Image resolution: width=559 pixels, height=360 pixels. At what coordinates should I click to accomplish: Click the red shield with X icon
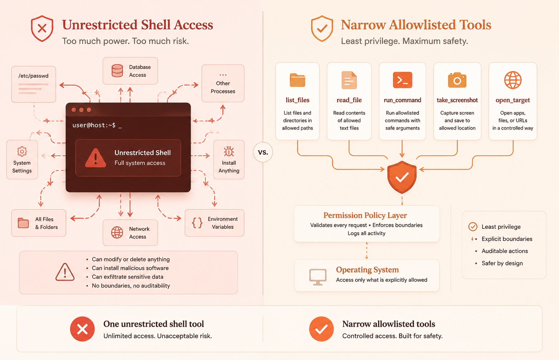42,29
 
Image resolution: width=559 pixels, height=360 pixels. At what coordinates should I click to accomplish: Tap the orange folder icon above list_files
298,80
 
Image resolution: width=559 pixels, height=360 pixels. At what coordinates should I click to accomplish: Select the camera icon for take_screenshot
457,80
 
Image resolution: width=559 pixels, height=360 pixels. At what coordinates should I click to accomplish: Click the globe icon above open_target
513,80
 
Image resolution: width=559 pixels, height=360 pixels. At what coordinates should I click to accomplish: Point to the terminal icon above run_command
402,80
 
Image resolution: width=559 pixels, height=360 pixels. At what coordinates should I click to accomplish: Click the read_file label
349,100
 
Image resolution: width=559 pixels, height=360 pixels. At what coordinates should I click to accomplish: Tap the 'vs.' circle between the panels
263,152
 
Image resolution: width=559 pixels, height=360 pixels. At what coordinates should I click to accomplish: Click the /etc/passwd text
34,76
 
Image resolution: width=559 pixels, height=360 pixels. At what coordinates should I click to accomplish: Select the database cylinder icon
117,70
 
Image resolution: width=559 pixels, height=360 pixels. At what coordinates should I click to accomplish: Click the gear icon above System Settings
22,151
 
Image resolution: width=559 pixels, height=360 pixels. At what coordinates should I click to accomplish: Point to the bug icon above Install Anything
229,151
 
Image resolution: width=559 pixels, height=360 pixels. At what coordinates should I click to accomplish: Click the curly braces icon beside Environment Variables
197,223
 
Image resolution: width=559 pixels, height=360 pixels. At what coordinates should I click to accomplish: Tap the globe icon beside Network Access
117,233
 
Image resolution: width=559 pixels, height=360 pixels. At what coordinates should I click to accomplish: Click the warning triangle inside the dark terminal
95,158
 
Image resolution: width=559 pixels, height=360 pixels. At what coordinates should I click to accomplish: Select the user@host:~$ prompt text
94,125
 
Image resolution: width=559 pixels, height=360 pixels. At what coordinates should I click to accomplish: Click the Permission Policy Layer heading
365,215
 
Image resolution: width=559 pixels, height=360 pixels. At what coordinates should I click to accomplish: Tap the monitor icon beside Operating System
318,277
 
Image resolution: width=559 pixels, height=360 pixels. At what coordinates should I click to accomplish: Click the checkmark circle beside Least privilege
473,227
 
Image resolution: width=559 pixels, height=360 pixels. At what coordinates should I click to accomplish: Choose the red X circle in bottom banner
82,329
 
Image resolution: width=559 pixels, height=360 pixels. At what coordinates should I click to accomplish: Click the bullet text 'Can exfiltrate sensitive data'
128,277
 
